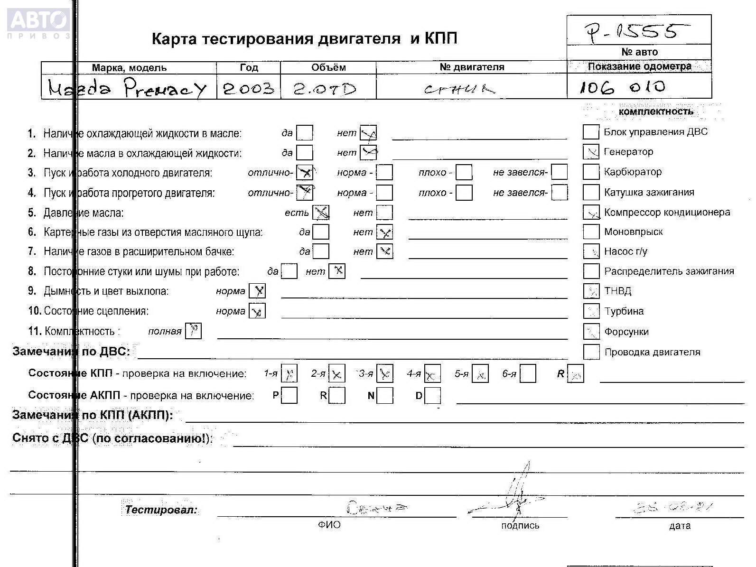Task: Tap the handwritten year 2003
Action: [x=248, y=88]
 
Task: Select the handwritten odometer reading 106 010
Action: [x=622, y=87]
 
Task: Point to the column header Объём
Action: [x=328, y=67]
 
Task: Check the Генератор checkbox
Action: [x=591, y=152]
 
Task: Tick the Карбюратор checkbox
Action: [x=591, y=172]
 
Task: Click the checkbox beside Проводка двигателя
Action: [x=591, y=352]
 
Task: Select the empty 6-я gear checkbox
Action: [x=528, y=374]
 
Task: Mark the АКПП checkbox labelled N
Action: [x=385, y=395]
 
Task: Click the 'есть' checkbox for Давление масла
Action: [x=321, y=213]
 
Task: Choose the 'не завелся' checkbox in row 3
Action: [x=560, y=172]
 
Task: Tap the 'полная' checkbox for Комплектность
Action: [x=193, y=331]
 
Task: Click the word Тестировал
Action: [x=161, y=510]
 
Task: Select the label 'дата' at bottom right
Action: [x=680, y=526]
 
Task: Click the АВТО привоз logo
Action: [x=38, y=24]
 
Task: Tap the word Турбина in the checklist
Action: [x=624, y=311]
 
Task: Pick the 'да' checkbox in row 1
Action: [x=305, y=133]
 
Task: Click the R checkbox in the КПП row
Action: [x=576, y=374]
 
